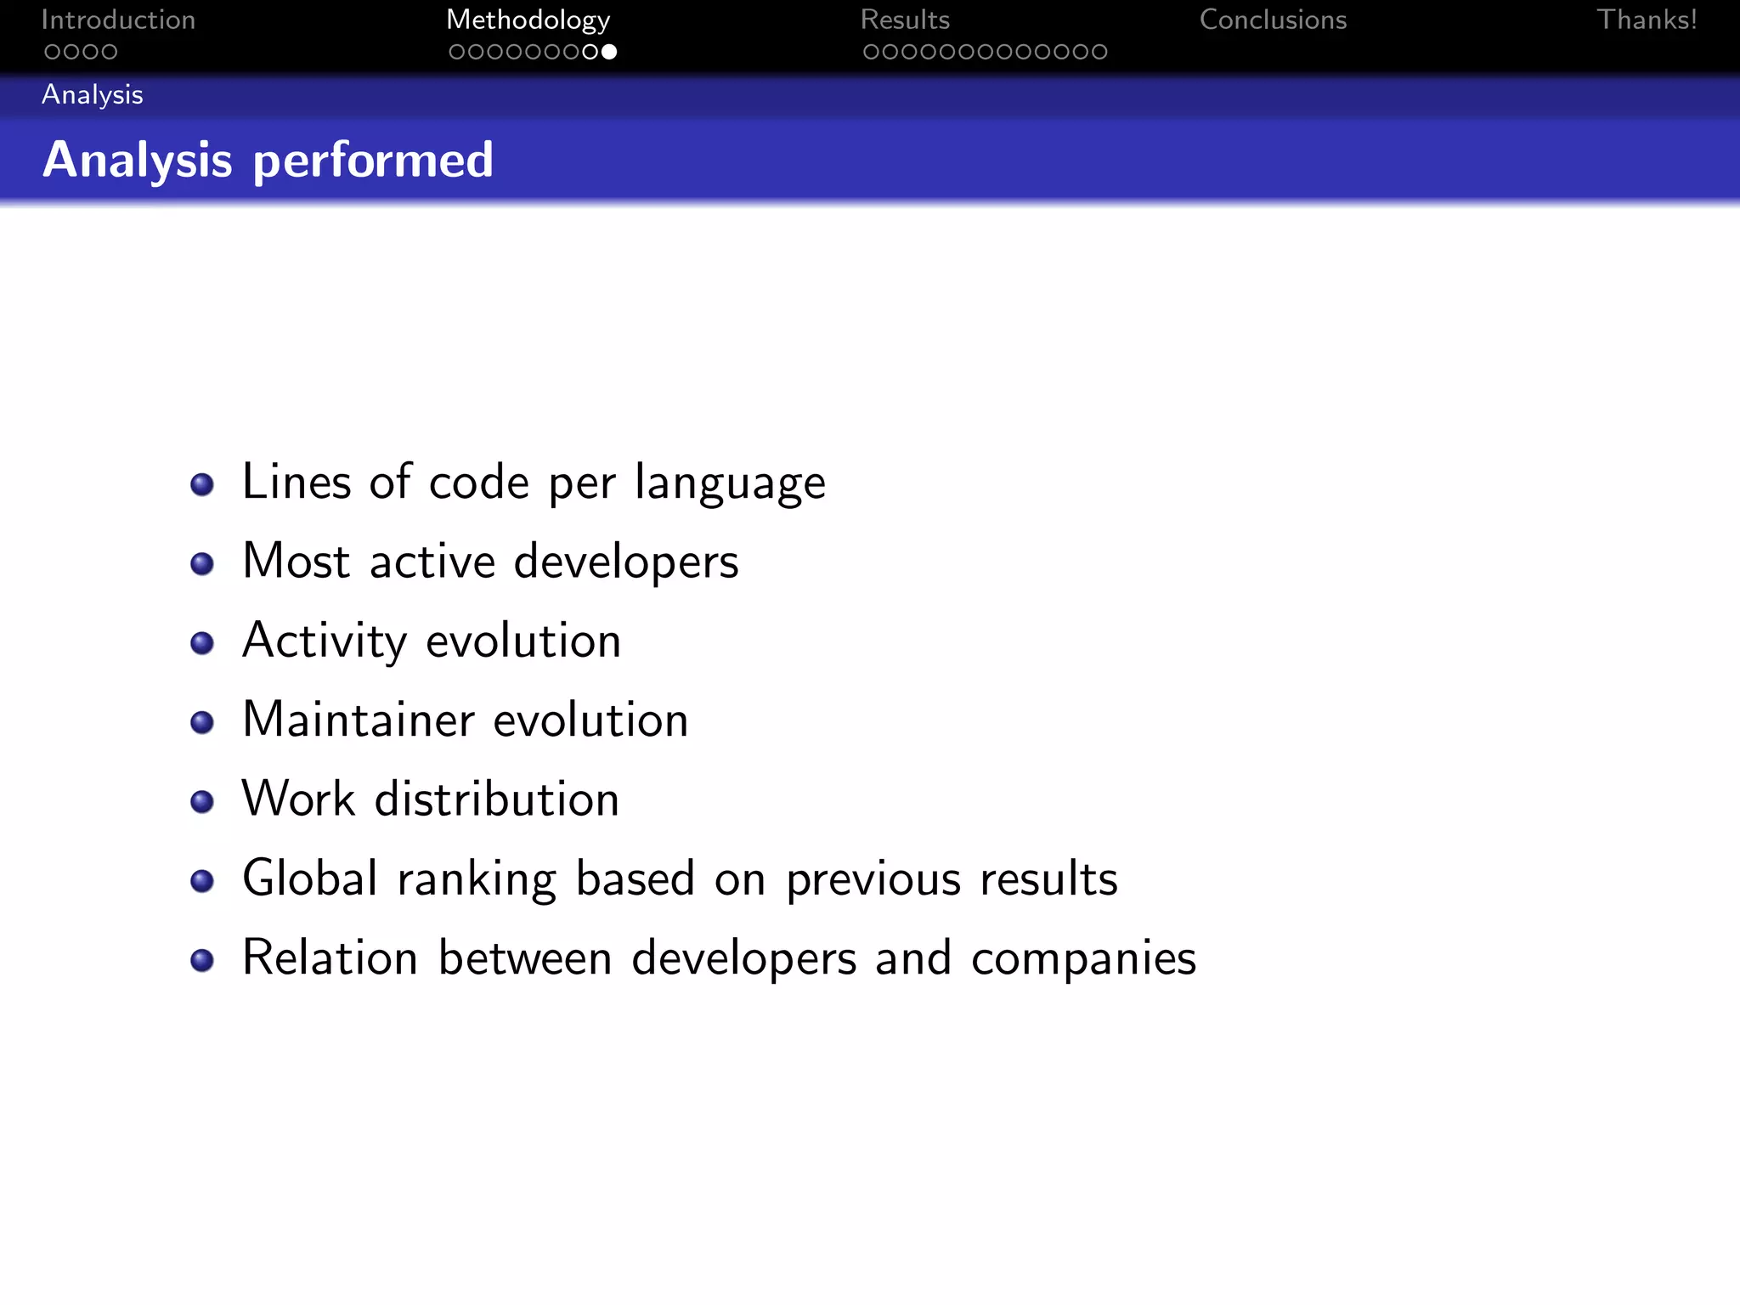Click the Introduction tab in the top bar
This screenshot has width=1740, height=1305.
coord(118,20)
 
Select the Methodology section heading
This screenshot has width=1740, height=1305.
coord(528,20)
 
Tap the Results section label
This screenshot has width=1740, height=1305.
coord(905,20)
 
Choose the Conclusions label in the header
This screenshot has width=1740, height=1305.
coord(1273,20)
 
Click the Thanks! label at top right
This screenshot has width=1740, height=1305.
coord(1647,20)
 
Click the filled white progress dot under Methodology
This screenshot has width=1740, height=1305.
coord(609,52)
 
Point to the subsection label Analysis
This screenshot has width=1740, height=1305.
coord(93,94)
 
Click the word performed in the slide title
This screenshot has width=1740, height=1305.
coord(373,160)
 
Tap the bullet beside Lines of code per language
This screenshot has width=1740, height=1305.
coord(202,484)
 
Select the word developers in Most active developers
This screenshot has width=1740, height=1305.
coord(626,562)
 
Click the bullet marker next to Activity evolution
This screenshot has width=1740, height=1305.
coord(202,643)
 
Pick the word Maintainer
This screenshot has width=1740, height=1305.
coord(359,720)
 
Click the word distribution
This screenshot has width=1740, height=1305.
coord(497,799)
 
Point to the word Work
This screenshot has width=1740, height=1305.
coord(298,799)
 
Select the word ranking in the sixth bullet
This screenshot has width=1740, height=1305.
coord(477,879)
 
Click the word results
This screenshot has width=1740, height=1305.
coord(1048,878)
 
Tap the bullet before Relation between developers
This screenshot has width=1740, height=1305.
coord(202,960)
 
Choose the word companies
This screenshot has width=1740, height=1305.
coord(1083,959)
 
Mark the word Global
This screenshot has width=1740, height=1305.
coord(310,878)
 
